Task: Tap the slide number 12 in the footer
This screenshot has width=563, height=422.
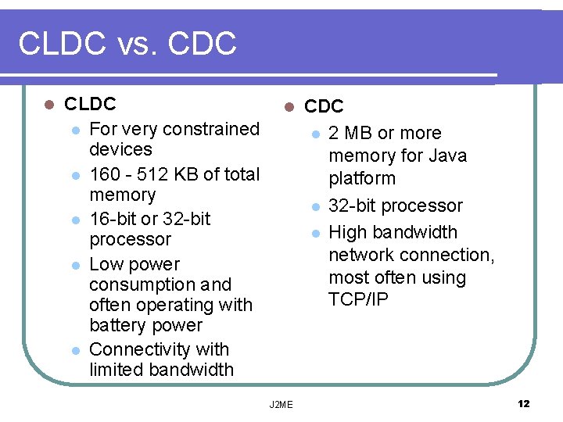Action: (x=523, y=403)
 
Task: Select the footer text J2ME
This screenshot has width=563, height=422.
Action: (x=281, y=404)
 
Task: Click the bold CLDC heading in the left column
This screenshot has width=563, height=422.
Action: (x=90, y=104)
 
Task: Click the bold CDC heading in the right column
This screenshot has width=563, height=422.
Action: (x=324, y=106)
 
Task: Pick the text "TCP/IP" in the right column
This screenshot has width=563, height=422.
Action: (x=358, y=300)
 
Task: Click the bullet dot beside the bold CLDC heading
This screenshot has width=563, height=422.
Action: (x=48, y=104)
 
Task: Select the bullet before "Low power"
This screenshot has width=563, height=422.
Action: (x=75, y=265)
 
